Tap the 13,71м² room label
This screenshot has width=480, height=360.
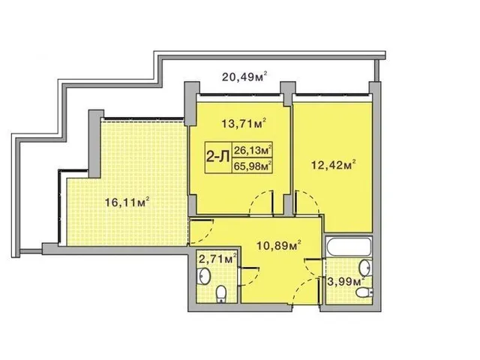coord(244,123)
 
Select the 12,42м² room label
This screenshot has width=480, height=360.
coord(333,165)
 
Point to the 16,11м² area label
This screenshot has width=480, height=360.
coord(127,202)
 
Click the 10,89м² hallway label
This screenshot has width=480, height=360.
coord(278,245)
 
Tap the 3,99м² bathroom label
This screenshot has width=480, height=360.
coord(346,281)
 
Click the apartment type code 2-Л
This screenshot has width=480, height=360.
coord(218,157)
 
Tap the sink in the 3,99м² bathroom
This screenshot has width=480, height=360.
coord(365,267)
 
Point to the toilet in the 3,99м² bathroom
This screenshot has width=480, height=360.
coord(364,292)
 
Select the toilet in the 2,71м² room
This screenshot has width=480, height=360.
coord(220,294)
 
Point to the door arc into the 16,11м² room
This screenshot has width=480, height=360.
coord(208,234)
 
